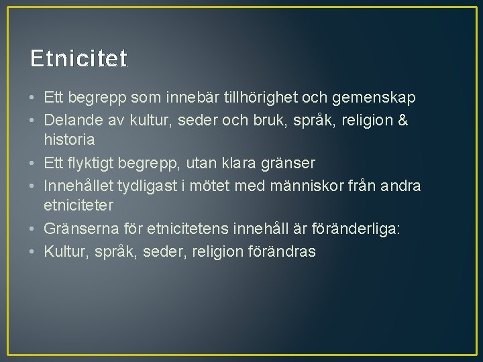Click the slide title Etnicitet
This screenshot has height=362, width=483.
point(78,59)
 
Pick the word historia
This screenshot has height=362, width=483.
point(69,141)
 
